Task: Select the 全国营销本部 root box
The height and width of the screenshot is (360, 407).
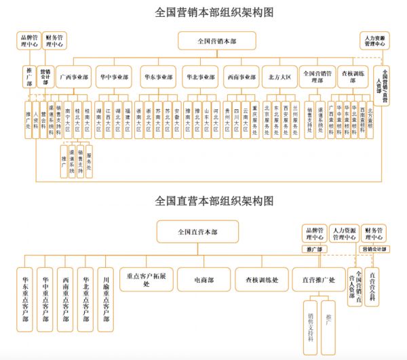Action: point(217,41)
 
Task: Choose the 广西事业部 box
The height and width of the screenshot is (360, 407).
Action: point(73,77)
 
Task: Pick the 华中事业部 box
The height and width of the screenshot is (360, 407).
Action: point(113,77)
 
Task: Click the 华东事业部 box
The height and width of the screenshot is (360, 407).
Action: point(158,77)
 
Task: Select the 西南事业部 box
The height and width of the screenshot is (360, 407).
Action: point(239,77)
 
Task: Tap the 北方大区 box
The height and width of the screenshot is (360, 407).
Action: point(279,77)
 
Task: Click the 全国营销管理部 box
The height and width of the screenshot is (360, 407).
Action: point(317,77)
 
